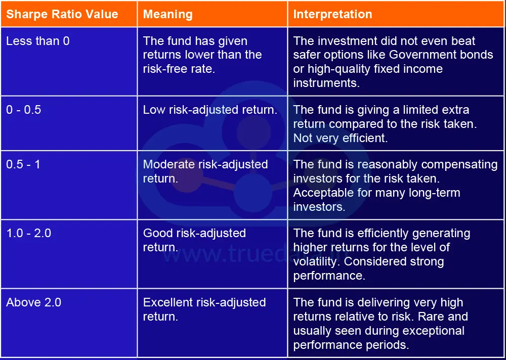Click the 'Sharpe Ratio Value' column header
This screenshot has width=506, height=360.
coord(62,14)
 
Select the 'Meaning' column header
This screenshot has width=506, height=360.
coord(167,14)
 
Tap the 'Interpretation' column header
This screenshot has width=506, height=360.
coord(332,14)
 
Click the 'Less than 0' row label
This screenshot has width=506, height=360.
coord(38,41)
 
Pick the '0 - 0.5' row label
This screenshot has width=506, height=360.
coord(23,110)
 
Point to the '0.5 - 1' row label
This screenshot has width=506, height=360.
coord(23,164)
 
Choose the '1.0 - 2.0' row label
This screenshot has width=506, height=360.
coord(29,233)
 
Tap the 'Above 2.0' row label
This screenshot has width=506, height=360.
coord(33,302)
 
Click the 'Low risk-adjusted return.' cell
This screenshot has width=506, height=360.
coord(210,110)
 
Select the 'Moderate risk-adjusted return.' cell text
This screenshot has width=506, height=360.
coord(205,171)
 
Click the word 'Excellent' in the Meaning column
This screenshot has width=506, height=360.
coord(167,302)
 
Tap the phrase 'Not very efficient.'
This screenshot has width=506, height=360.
coord(341,138)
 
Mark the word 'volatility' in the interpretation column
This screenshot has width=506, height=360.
coord(315,261)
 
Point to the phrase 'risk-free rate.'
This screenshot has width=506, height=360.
coord(179,69)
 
